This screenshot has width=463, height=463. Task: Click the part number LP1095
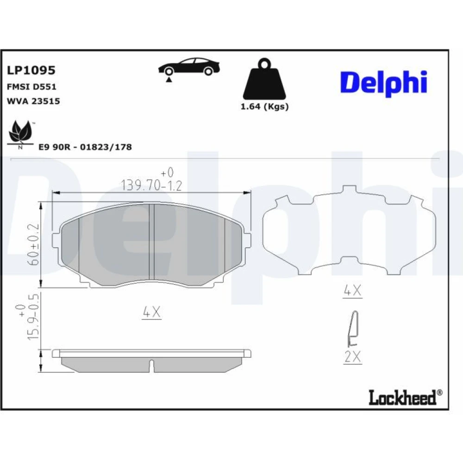pos(31,70)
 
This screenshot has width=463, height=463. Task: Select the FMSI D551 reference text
pos(31,87)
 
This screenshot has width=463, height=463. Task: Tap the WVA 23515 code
pos(33,101)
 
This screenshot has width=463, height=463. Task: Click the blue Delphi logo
pos(383,83)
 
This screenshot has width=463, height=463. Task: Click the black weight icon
pos(264,79)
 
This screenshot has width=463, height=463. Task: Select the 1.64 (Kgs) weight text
pos(264,106)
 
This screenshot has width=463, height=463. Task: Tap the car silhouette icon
pos(189,66)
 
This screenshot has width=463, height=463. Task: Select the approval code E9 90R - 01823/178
pos(85,147)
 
